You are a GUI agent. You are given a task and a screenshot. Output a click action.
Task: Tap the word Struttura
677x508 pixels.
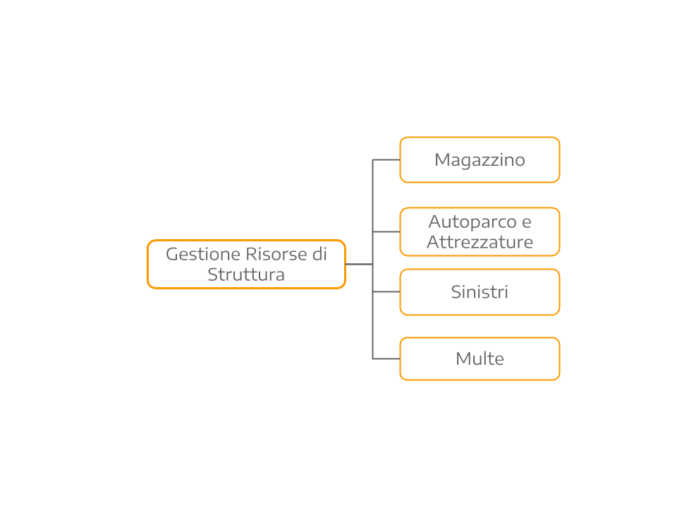tap(246, 275)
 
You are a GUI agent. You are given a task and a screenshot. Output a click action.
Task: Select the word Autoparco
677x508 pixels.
tap(472, 222)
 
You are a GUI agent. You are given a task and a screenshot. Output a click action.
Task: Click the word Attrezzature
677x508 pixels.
tap(480, 243)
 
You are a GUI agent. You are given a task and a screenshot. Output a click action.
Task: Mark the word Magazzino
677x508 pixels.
tap(480, 160)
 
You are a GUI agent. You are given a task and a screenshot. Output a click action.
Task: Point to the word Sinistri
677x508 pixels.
tap(480, 292)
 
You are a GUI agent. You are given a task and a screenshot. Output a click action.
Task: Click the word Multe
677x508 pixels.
tap(480, 359)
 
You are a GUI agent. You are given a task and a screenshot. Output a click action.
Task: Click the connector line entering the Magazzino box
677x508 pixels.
tap(386, 160)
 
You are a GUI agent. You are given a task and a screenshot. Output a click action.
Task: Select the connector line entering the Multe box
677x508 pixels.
tap(386, 359)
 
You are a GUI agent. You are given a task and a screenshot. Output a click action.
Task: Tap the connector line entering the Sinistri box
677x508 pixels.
tap(386, 291)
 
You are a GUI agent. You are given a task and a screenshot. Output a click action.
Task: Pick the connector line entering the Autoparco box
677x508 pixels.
tap(386, 231)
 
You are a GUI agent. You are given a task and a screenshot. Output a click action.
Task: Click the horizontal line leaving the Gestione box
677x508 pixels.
tap(359, 264)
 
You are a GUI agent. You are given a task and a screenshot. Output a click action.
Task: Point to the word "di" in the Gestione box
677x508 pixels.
tap(319, 255)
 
